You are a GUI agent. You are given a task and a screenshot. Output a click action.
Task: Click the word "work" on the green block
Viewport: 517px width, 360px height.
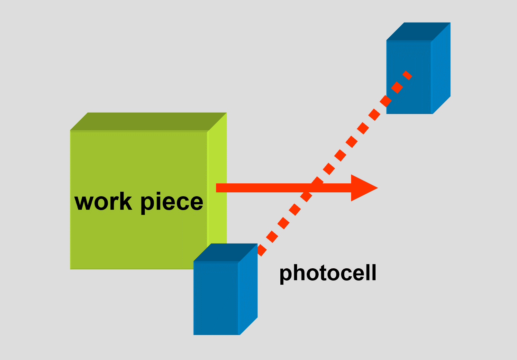click(103, 202)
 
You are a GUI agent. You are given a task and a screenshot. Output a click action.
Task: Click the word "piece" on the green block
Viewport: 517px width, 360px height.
click(172, 203)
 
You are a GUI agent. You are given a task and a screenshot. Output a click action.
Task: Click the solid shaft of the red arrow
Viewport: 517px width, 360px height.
click(273, 188)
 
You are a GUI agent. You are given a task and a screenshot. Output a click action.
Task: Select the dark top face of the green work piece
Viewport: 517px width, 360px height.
click(148, 122)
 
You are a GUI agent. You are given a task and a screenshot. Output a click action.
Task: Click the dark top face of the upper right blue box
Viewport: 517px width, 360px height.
click(418, 32)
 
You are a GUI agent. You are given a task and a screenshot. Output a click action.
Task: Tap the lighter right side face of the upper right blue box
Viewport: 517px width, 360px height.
click(441, 68)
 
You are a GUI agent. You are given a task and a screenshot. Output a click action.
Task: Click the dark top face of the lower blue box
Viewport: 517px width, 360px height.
click(225, 253)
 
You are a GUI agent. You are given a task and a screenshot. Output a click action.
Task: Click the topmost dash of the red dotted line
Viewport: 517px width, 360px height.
click(407, 75)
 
